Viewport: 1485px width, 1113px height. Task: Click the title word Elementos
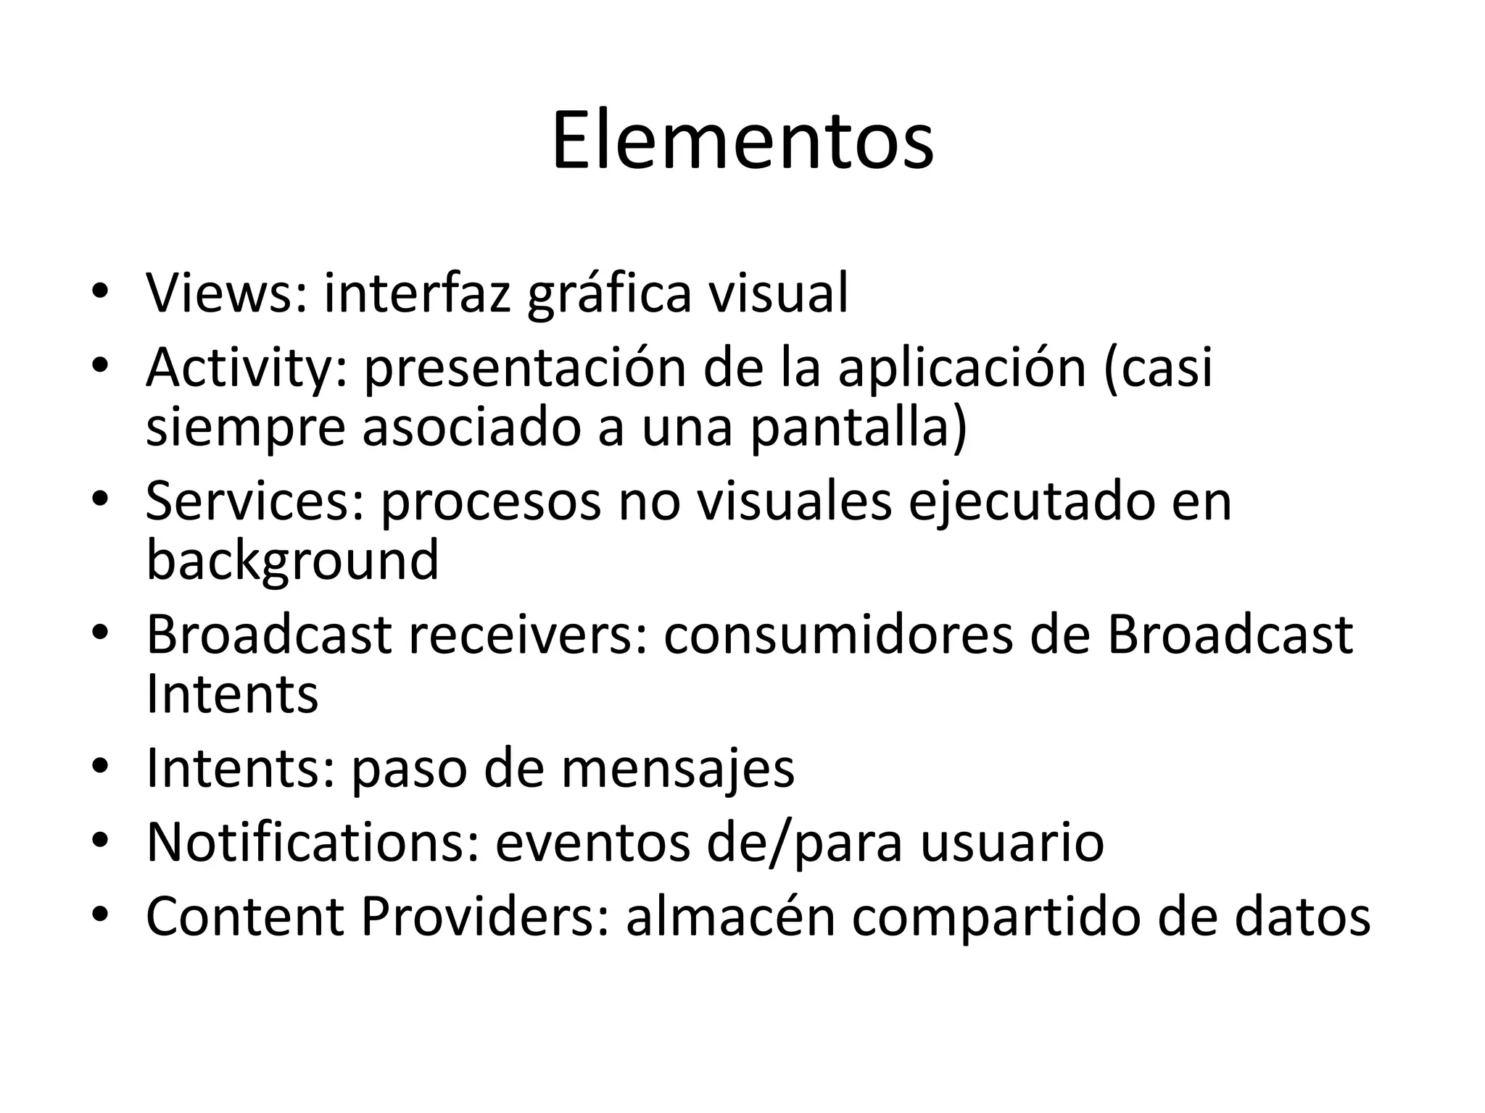click(742, 141)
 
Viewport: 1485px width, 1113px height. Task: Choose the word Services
click(254, 501)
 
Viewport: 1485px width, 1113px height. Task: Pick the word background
click(292, 561)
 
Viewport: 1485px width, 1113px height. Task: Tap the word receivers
click(527, 635)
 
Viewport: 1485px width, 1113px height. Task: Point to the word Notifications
click(313, 842)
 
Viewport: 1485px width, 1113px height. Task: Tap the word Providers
click(484, 917)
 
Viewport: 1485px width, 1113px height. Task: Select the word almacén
click(730, 917)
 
